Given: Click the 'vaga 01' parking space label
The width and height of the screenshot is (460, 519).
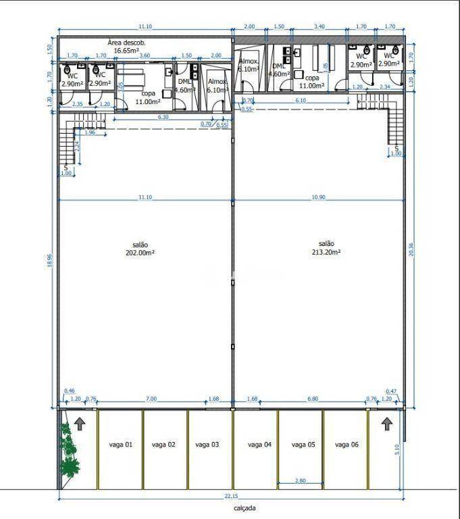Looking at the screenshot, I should pyautogui.click(x=120, y=445).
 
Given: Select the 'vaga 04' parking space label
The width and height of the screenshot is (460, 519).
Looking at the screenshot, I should pyautogui.click(x=259, y=445).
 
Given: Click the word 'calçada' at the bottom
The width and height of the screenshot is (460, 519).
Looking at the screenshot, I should pyautogui.click(x=237, y=508).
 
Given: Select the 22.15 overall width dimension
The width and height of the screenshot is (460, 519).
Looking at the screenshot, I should pyautogui.click(x=232, y=496).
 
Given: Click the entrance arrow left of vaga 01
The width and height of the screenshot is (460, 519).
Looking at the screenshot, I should pyautogui.click(x=80, y=424).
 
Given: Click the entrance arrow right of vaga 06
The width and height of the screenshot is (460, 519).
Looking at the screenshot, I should pyautogui.click(x=386, y=424).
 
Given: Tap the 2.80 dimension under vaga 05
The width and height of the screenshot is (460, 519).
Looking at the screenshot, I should pyautogui.click(x=301, y=480).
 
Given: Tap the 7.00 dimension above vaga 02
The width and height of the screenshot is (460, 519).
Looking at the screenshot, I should pyautogui.click(x=151, y=399).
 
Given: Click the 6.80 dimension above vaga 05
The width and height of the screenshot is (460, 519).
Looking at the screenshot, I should pyautogui.click(x=312, y=399).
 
